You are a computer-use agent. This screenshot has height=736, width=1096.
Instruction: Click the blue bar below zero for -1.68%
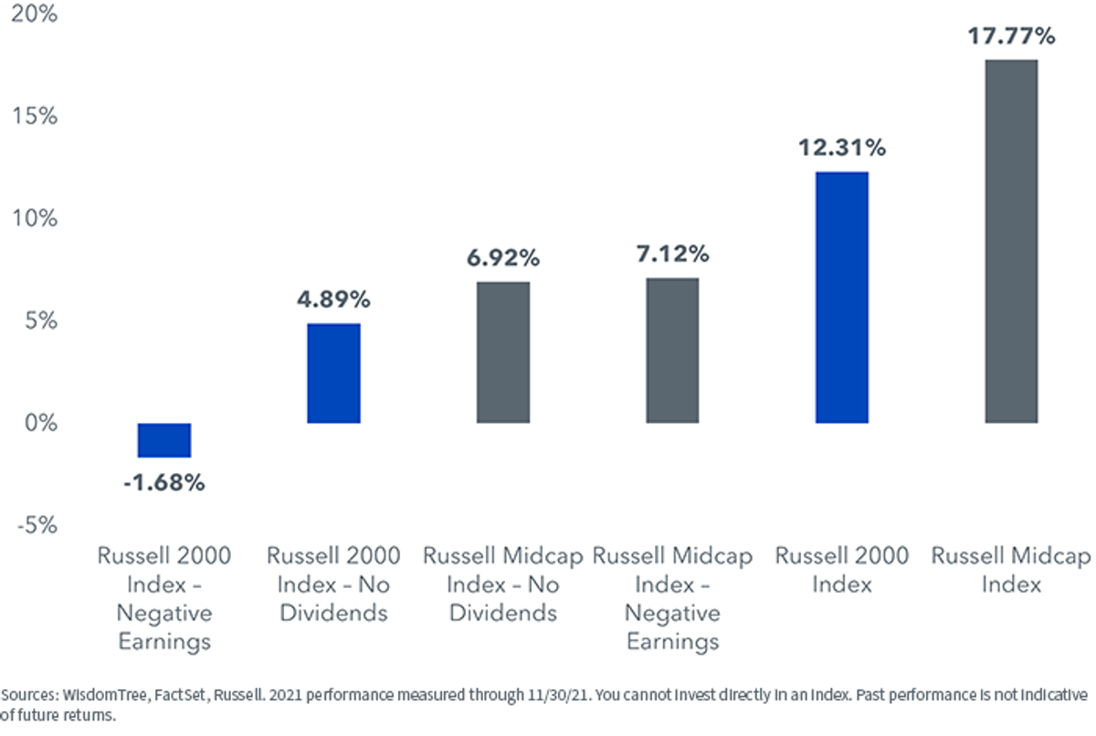click(x=164, y=440)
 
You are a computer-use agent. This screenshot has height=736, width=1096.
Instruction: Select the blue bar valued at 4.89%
click(x=333, y=373)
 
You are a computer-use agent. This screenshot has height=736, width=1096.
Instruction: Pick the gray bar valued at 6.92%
click(x=503, y=352)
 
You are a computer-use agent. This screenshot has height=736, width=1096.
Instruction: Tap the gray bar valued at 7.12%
click(x=672, y=351)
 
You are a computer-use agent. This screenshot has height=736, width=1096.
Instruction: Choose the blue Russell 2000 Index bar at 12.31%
click(x=841, y=298)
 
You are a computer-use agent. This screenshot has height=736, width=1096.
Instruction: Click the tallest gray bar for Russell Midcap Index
click(x=1011, y=242)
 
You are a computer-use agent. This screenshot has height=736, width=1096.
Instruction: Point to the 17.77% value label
click(x=1011, y=37)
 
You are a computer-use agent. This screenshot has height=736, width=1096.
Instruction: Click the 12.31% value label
click(x=842, y=148)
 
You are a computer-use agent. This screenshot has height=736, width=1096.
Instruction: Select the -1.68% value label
click(x=164, y=483)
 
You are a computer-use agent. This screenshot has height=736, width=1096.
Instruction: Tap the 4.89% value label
click(x=333, y=300)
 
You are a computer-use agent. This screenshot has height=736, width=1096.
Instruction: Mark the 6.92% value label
click(x=503, y=258)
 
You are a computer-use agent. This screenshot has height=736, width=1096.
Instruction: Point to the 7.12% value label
click(x=673, y=254)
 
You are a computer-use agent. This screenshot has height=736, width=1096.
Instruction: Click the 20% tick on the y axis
click(x=35, y=14)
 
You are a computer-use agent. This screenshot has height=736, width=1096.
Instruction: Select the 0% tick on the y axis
click(x=41, y=423)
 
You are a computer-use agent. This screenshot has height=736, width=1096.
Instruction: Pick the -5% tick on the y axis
click(x=37, y=526)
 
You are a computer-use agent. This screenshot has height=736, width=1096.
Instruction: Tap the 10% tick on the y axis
click(x=35, y=218)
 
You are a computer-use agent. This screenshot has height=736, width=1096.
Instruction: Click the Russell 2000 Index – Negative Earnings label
click(x=164, y=599)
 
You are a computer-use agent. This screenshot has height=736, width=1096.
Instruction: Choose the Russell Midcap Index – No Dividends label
click(x=503, y=584)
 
